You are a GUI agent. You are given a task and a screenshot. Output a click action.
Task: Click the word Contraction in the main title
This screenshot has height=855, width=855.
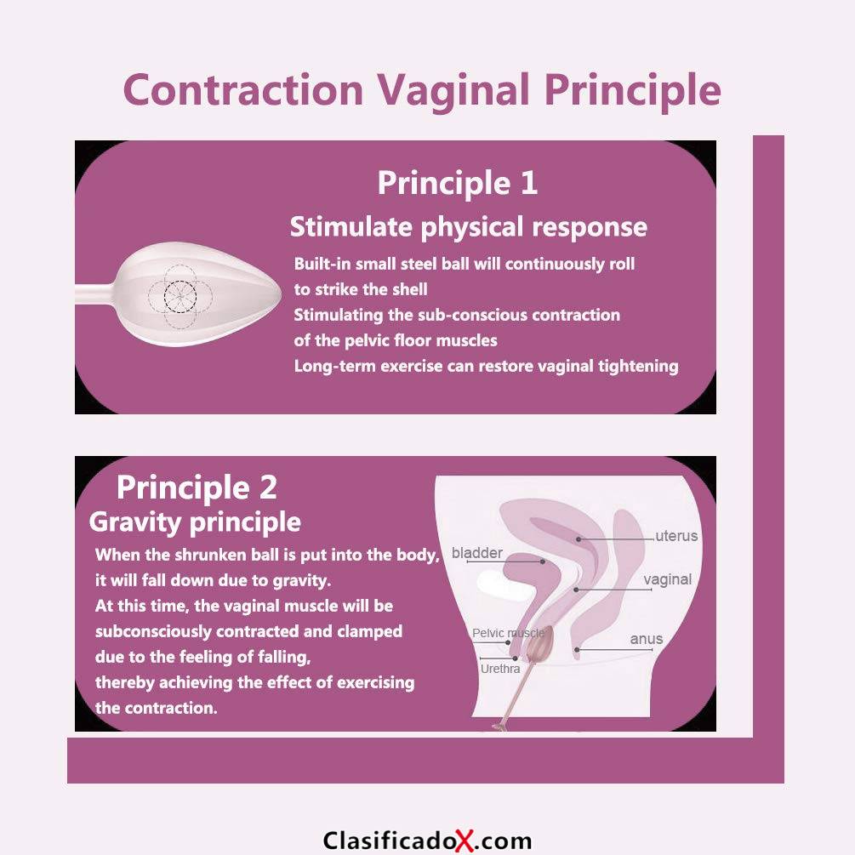point(243,89)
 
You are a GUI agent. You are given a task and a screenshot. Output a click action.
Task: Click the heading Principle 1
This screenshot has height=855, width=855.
point(458,183)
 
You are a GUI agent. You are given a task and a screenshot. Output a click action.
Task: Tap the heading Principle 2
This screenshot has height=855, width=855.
point(197,487)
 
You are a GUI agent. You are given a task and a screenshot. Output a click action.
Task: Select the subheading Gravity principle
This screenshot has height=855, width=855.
point(195,522)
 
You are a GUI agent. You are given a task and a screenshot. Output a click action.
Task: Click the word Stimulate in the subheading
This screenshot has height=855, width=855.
point(351,227)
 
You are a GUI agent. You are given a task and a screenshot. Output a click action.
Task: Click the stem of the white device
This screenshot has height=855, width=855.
point(95,294)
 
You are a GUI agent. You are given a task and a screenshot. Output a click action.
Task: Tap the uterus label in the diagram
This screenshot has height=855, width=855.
point(676,536)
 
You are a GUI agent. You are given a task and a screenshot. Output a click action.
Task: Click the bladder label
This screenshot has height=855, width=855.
point(477,553)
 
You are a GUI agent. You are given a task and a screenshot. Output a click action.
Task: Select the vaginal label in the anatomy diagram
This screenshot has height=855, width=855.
point(668,579)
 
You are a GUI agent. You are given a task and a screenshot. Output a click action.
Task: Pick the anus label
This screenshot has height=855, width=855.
point(647,639)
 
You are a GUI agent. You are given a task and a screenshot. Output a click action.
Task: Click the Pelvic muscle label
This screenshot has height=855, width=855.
point(508,633)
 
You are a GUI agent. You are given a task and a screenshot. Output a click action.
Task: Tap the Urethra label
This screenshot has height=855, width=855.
point(500,669)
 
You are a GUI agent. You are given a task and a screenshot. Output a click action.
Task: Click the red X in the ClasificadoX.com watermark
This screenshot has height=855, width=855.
point(465,841)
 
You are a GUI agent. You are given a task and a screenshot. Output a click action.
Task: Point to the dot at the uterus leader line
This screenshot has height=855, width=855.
point(579,539)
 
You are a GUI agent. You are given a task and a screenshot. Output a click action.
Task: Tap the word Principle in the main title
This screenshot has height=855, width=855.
point(632,90)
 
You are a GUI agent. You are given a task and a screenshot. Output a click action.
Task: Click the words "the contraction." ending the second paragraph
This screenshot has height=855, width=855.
point(157,708)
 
